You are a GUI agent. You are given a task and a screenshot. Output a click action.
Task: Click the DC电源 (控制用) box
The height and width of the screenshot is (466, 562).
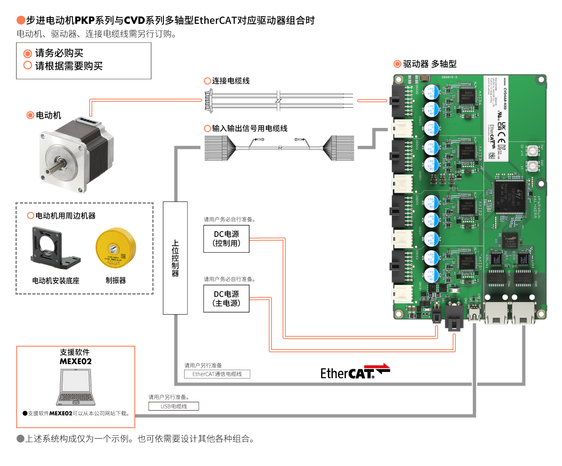click(x=226, y=239)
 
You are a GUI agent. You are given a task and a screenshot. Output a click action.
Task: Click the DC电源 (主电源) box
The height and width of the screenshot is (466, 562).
click(x=226, y=299)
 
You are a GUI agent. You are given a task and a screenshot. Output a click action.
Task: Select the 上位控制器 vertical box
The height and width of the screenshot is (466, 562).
click(x=175, y=258)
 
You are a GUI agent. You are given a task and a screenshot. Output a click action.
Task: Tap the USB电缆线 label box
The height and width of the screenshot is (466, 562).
click(x=174, y=406)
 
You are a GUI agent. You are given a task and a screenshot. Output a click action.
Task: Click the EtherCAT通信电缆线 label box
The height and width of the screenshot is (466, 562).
click(x=217, y=374)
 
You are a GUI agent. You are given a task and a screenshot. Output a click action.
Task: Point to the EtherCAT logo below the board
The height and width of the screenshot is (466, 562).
click(x=355, y=372)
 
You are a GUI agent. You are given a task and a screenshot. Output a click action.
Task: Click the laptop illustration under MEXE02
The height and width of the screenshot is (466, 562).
click(x=76, y=387)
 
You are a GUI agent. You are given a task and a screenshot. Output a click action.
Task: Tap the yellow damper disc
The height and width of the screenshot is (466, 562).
click(x=116, y=248)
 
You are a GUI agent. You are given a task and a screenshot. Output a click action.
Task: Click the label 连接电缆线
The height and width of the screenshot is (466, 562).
click(x=231, y=81)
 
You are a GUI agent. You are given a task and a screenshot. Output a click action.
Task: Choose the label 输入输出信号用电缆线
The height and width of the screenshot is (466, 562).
click(x=250, y=128)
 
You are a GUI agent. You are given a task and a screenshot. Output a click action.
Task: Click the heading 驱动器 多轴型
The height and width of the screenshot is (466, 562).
click(x=429, y=64)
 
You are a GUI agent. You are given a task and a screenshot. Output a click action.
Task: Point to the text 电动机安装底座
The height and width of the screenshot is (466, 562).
click(x=56, y=280)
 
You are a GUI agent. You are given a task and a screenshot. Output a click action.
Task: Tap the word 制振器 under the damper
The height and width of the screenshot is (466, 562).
click(x=116, y=280)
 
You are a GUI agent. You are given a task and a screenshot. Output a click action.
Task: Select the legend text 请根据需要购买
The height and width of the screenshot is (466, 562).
click(x=69, y=66)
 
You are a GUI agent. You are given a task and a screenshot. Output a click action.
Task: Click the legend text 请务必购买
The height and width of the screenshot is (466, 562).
click(x=59, y=53)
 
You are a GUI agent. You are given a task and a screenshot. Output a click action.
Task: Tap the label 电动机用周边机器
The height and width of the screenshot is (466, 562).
click(x=65, y=216)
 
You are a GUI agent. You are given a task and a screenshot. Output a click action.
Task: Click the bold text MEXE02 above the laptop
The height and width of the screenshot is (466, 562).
click(x=76, y=361)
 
